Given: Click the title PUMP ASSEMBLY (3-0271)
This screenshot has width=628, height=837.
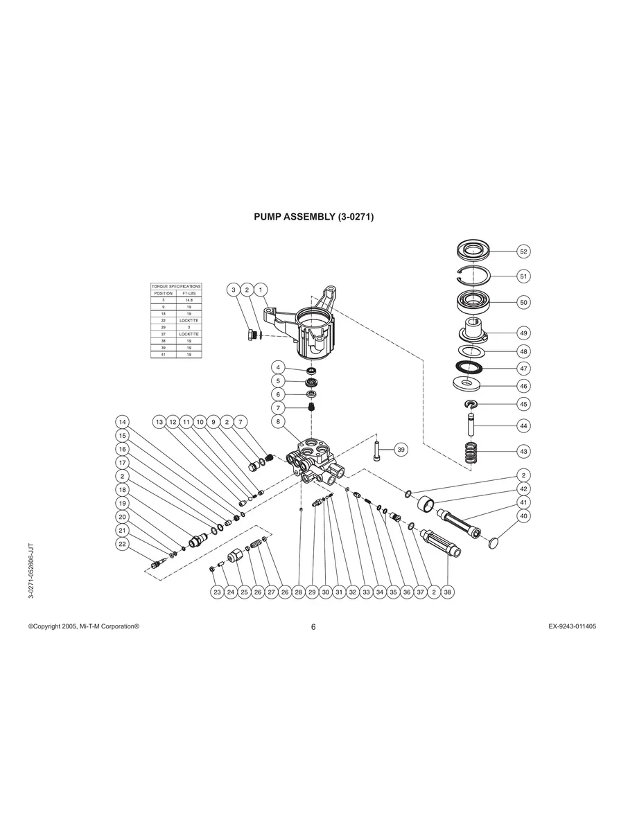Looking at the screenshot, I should click(314, 217).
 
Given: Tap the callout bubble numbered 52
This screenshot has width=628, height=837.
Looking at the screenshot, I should click(523, 252).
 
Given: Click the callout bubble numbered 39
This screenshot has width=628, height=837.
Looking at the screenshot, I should click(401, 450).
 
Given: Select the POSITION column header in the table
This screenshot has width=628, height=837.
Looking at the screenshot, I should click(163, 293).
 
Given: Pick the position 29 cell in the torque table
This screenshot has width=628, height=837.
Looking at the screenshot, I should click(163, 327).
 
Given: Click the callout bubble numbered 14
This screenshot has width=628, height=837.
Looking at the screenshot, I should click(122, 422).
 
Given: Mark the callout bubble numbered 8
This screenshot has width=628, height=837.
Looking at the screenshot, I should click(279, 421).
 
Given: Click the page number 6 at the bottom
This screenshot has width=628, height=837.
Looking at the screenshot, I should click(313, 627).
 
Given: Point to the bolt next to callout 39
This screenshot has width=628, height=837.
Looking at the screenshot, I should click(376, 452).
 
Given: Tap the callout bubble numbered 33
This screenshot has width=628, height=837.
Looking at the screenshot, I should click(366, 592).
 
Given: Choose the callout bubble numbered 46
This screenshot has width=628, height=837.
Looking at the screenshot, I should click(523, 385).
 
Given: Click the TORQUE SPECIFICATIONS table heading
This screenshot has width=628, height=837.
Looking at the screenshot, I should click(176, 286).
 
